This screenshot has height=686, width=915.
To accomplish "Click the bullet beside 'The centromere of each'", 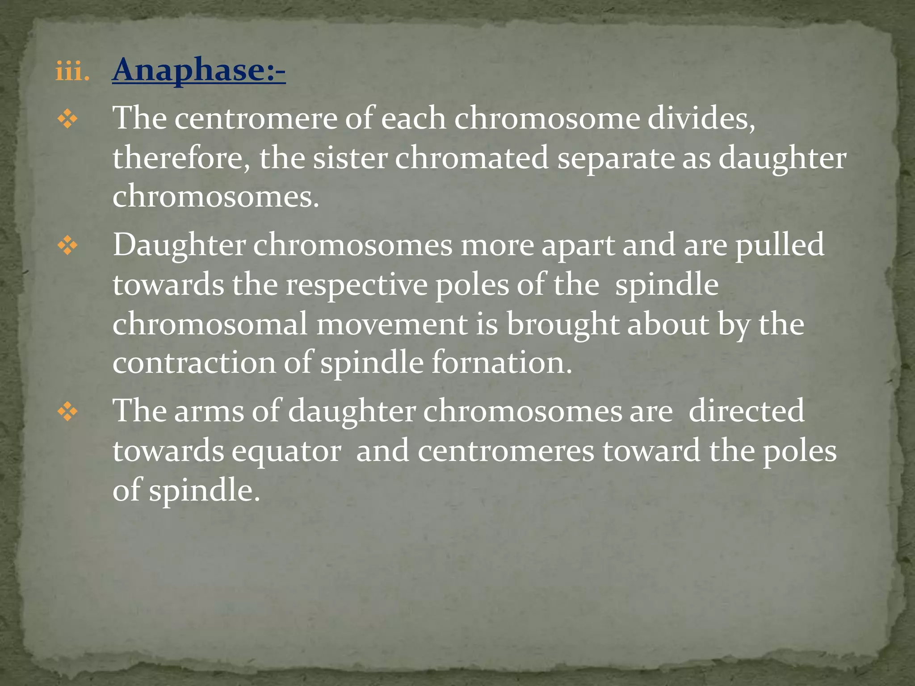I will coord(67,120).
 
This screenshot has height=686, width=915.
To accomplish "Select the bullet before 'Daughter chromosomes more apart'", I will coord(67,246).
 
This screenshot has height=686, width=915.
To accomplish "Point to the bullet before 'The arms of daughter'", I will coord(67,412).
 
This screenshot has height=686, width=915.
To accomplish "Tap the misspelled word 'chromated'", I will coord(471,158).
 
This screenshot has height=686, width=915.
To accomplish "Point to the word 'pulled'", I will coord(780,246).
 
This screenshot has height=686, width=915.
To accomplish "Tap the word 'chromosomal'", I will coord(210,324).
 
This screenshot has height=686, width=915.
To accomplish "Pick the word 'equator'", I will coord(286,451).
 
